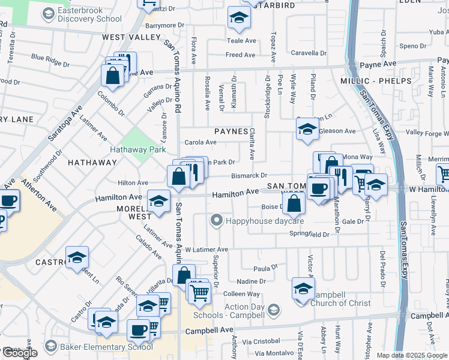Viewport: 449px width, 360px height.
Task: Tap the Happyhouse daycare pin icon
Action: coord(217,220)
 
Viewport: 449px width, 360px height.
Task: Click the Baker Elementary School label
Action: coord(107,346)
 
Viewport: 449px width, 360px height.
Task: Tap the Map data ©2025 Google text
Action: coord(411,355)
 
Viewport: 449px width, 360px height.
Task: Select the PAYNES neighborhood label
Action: coord(231,131)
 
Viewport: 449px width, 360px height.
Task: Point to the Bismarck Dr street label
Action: coord(250,175)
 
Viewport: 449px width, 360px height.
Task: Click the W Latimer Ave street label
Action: coord(206,249)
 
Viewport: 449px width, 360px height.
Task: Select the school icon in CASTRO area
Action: coord(77,258)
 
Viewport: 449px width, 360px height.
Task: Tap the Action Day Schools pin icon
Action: coord(274,310)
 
